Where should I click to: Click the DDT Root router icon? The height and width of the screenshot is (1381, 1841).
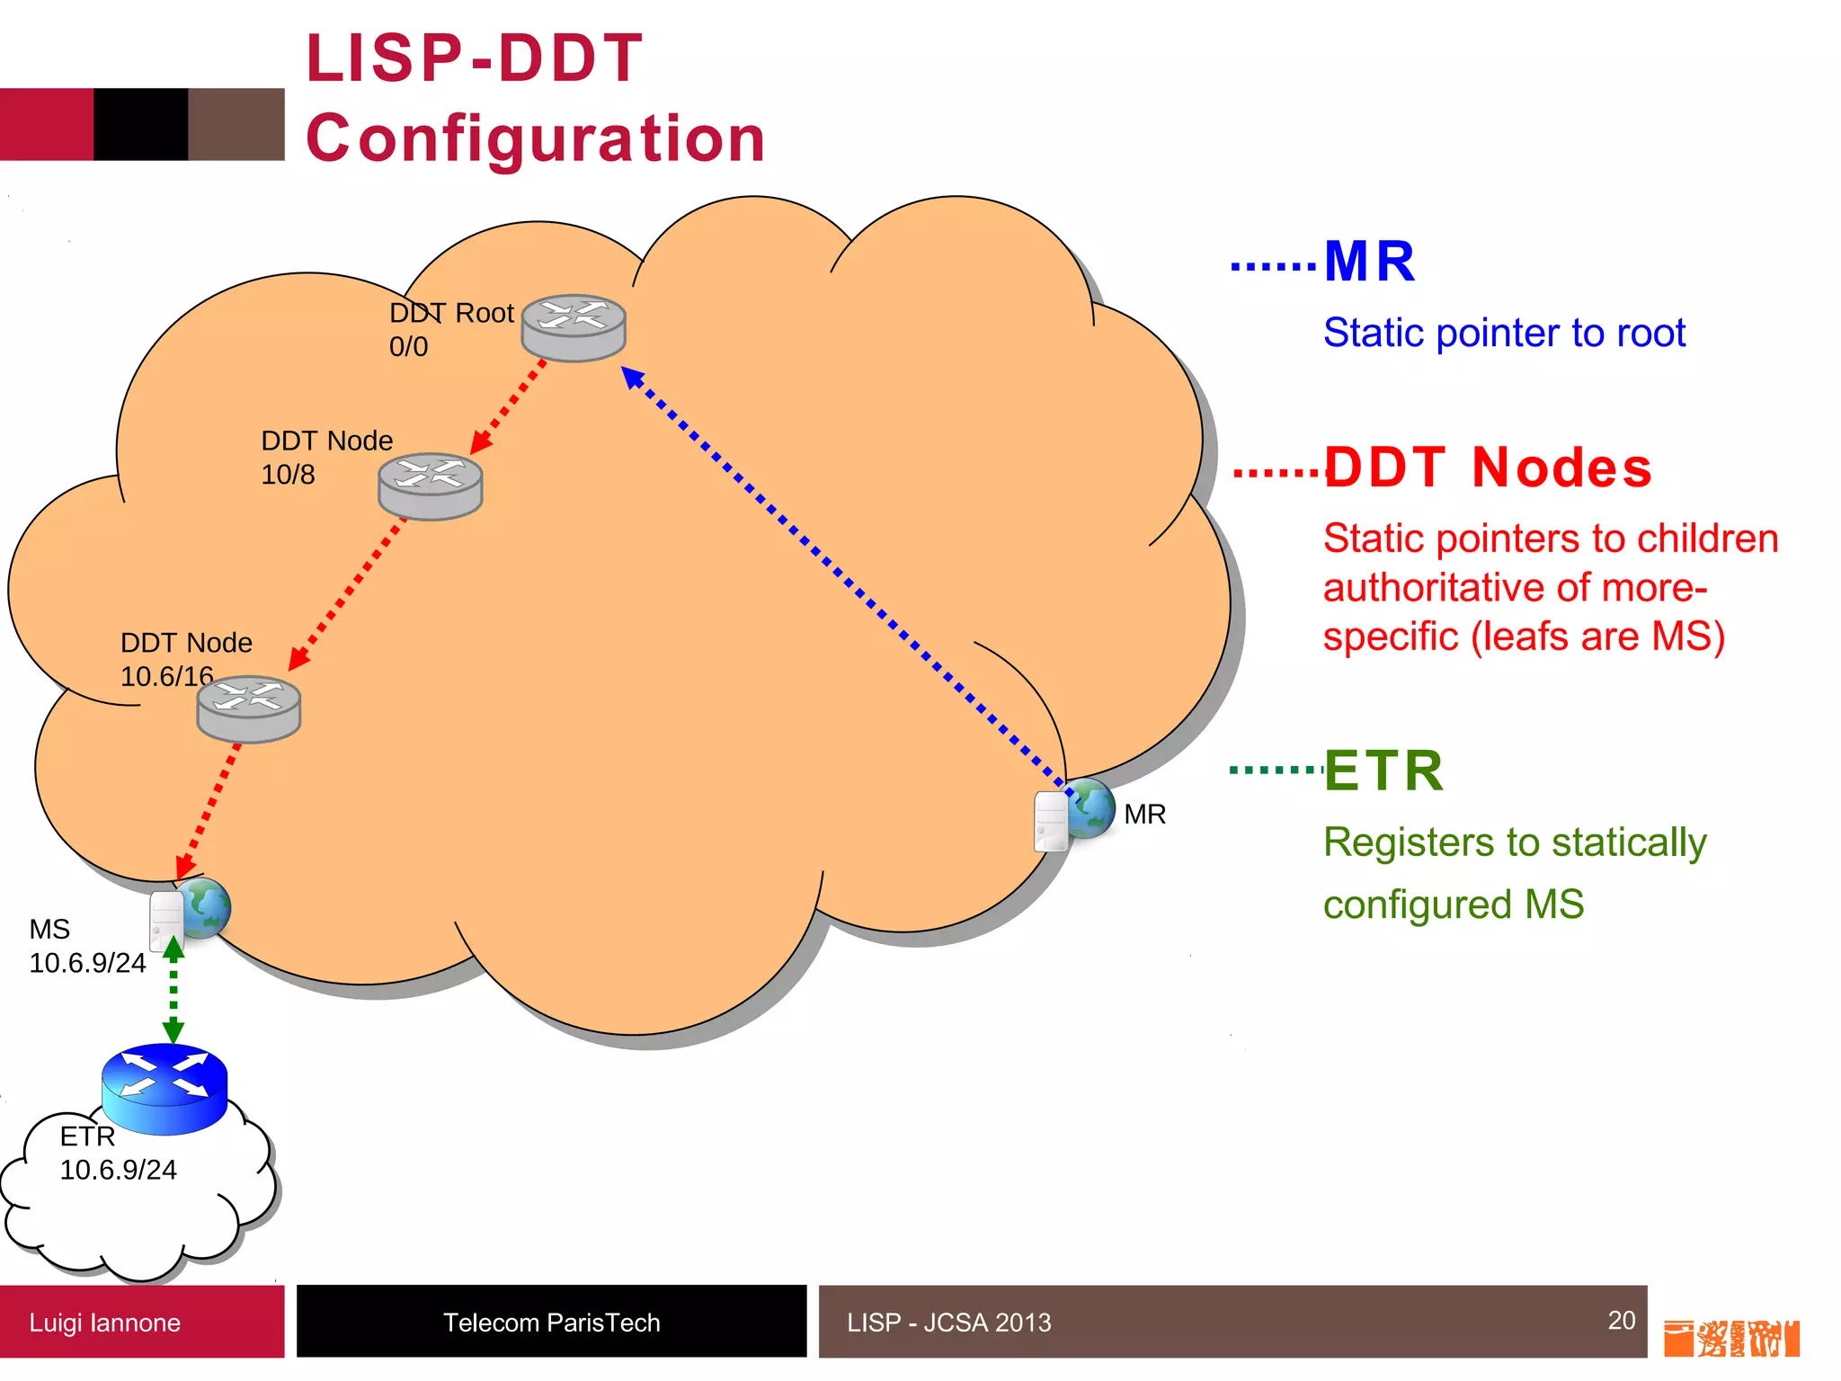tap(574, 327)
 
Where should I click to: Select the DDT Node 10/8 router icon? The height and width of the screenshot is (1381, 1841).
tap(431, 486)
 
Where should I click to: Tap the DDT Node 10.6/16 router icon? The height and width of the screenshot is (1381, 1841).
tap(249, 708)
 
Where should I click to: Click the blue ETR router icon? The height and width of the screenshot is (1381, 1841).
tap(165, 1089)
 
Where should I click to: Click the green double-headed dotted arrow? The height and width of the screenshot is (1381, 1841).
tap(173, 989)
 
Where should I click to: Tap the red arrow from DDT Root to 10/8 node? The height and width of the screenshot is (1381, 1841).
tap(509, 406)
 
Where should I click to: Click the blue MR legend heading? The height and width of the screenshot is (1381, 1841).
tap(1369, 262)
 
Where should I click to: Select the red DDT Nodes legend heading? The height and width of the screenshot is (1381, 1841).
tap(1488, 468)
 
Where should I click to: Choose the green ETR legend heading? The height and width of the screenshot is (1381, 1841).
tap(1383, 771)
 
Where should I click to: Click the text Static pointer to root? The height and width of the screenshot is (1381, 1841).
tap(1504, 333)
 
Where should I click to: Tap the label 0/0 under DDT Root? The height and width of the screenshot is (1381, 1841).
tap(408, 346)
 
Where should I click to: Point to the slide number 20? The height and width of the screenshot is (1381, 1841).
tap(1621, 1319)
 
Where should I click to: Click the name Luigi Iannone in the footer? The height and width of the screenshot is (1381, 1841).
tap(104, 1323)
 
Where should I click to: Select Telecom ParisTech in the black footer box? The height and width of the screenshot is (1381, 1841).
tap(551, 1323)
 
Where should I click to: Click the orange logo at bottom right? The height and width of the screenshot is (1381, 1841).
tap(1730, 1338)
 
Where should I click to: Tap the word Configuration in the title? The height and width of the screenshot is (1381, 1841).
tap(536, 138)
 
